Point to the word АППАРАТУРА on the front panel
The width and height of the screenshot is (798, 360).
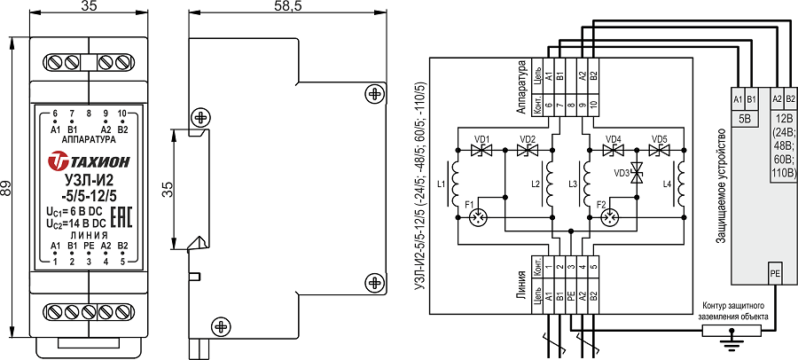89,140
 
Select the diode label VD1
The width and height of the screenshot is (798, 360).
482,139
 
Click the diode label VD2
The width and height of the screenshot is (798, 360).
528,139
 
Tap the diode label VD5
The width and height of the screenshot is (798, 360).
659,139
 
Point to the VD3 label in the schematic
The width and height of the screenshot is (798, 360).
622,172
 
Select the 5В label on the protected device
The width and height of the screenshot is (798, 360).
745,117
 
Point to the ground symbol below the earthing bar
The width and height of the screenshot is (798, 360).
731,340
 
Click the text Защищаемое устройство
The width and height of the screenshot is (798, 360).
722,186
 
